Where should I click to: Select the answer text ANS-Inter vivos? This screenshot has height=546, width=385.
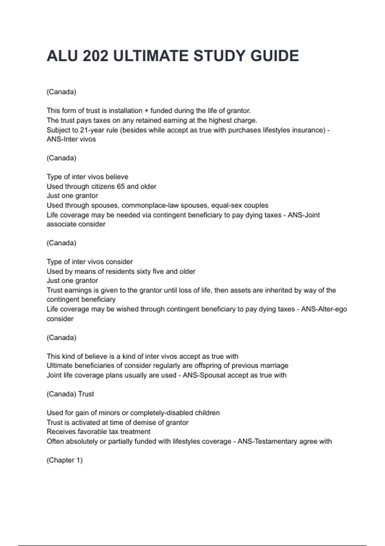(71, 139)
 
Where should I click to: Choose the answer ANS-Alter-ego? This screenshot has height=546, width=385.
(324, 309)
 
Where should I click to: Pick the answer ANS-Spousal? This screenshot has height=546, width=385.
(204, 375)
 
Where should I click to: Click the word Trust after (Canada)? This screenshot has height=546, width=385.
(86, 394)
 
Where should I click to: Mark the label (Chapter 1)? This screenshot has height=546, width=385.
(64, 460)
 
